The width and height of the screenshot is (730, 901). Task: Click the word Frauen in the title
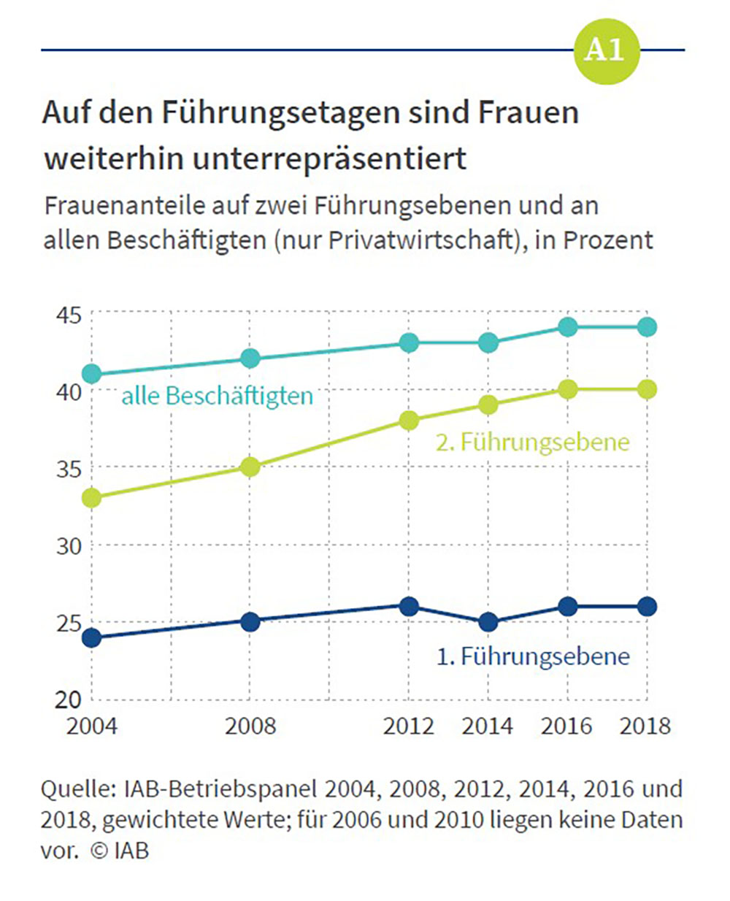(528, 113)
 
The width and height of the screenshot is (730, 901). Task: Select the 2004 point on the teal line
(92, 375)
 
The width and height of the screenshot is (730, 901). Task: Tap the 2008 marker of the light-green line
(250, 467)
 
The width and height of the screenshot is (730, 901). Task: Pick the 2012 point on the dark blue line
(410, 606)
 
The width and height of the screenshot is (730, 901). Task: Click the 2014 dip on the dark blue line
(488, 622)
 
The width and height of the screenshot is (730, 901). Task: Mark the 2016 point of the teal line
(568, 327)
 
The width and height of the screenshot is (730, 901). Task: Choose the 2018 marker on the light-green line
(647, 389)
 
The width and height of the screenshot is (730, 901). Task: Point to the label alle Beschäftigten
(217, 396)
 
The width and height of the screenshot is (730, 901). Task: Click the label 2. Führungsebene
(532, 442)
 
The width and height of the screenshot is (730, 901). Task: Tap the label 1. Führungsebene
(532, 656)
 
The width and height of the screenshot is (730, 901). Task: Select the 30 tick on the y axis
(69, 546)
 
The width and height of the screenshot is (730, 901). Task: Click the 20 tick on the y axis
(69, 699)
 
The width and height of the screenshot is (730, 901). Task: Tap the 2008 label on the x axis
(250, 726)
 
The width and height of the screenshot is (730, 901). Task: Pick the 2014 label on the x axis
(488, 726)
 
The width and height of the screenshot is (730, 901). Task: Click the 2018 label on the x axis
(645, 726)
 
